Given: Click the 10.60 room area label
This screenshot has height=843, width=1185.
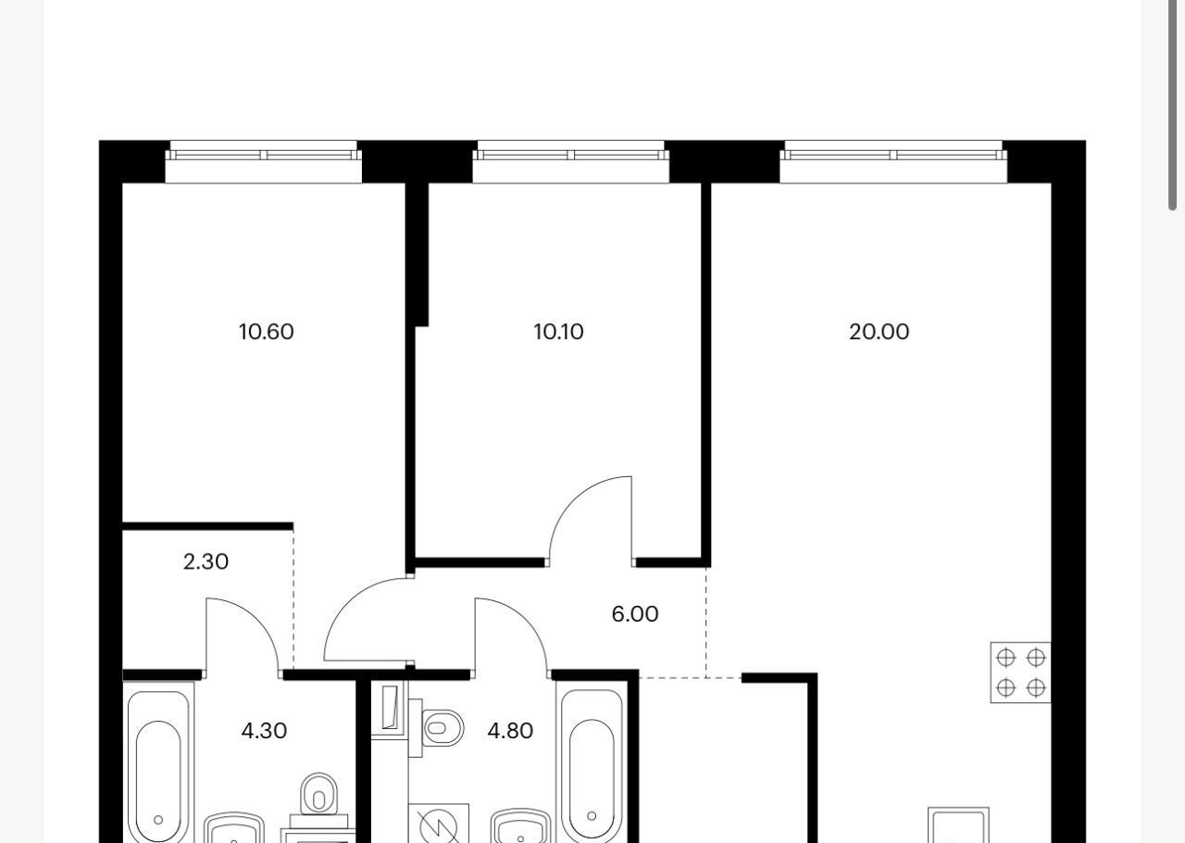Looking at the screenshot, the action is pos(266,332).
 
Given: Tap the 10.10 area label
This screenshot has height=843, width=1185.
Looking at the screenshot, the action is pos(558,332).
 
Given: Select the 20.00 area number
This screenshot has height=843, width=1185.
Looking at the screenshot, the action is pos(879,332).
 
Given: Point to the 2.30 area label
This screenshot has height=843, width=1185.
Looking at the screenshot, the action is pos(206,561).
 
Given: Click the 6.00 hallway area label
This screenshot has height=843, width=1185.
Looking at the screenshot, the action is pos(635,614).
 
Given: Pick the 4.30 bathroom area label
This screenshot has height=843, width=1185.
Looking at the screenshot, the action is pos(264,731).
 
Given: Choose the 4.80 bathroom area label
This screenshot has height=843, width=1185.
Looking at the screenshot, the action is pos(510,731).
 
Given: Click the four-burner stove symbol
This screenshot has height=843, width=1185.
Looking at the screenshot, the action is pos(1020,673).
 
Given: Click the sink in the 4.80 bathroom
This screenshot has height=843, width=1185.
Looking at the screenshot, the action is pos(520,826).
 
